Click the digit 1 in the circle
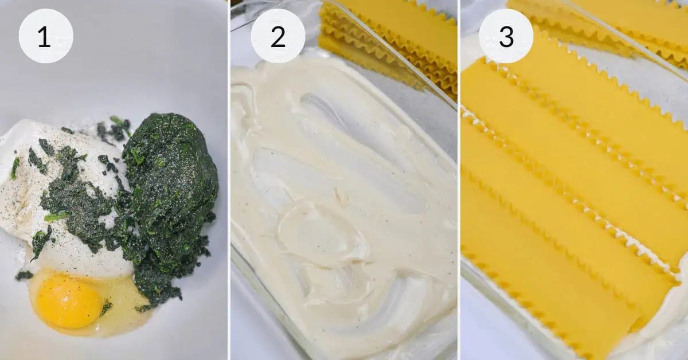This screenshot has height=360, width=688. [44, 37]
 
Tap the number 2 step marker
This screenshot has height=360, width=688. [278, 36]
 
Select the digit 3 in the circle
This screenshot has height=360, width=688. [506, 37]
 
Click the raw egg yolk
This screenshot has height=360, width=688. [69, 302]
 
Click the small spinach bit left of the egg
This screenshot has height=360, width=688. [24, 275]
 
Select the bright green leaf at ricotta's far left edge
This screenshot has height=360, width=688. [14, 168]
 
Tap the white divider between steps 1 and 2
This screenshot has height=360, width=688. [229, 180]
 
